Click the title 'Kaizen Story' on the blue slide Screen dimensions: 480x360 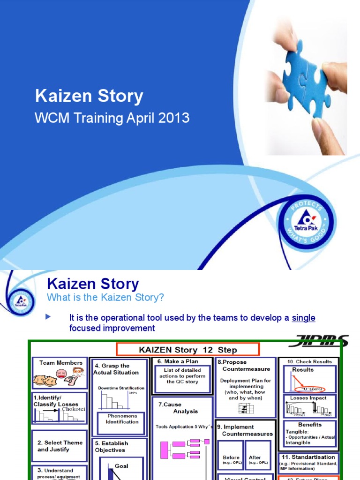[89, 96]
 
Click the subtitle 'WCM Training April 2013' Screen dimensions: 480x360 [112, 118]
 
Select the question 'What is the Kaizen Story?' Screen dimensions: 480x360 [105, 298]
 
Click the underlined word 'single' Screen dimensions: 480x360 [303, 318]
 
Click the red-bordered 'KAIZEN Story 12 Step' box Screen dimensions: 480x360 [187, 350]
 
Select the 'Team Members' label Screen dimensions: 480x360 [60, 363]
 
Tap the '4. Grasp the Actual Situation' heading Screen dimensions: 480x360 [116, 369]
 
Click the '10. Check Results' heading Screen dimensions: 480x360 [309, 361]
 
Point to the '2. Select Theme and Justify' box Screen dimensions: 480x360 [60, 446]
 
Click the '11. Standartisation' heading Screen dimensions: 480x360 [308, 457]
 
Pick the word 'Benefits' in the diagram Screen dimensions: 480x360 [310, 425]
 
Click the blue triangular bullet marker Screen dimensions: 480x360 [47, 317]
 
